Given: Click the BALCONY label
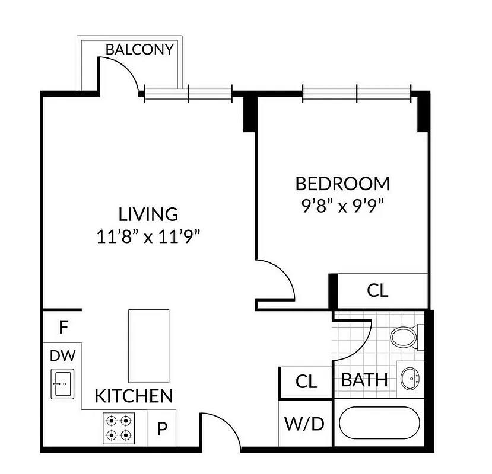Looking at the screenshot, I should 139,49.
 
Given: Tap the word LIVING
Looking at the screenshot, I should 148,214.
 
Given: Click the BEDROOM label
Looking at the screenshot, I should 342,184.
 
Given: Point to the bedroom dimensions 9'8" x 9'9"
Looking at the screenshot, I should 342,206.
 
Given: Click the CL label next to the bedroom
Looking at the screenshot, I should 377,291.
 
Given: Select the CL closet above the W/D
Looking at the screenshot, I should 306,382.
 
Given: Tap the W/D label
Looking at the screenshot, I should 305,424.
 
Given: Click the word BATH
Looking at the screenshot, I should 364,379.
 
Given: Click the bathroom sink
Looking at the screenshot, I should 410,377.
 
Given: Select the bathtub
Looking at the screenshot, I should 379,425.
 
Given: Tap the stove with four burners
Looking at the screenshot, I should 117,428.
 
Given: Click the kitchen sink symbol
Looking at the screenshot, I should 61,383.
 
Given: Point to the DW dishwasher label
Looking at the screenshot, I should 62,355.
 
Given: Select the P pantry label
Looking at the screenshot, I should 161,430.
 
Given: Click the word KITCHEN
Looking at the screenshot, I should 134,396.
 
